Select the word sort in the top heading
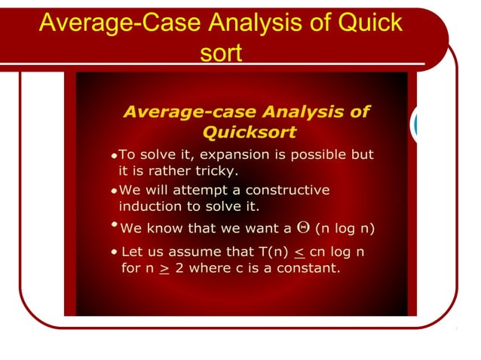[x=222, y=53]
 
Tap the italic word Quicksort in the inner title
[x=250, y=133]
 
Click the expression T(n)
[x=271, y=251]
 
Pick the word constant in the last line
[x=310, y=267]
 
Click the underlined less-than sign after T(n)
[x=299, y=252]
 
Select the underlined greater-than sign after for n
[x=164, y=268]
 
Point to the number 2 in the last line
[x=179, y=267]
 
